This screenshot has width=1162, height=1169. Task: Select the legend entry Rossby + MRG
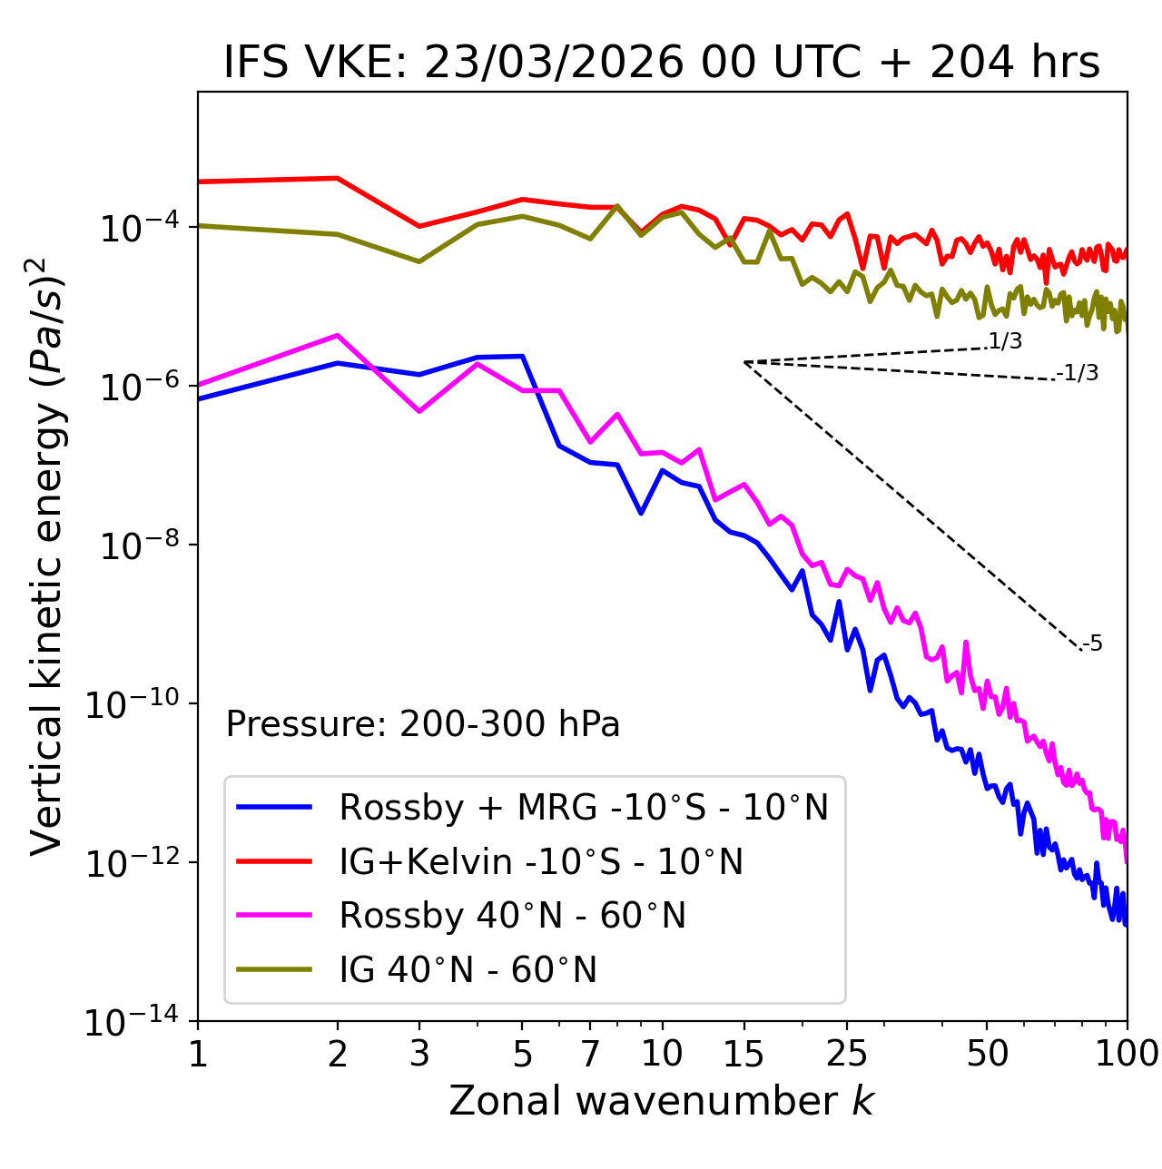(x=583, y=807)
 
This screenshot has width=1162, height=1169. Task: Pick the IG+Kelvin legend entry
(x=541, y=861)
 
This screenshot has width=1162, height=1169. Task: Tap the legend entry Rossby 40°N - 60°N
(x=512, y=916)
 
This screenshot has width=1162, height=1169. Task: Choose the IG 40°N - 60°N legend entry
(x=468, y=970)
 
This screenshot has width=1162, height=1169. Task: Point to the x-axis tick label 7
(x=590, y=1054)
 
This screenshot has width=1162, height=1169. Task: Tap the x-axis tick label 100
(x=1126, y=1054)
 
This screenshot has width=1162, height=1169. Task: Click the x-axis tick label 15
(x=743, y=1054)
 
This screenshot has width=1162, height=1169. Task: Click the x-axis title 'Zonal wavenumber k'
(x=661, y=1101)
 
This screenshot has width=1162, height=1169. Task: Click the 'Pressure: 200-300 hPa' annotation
(x=422, y=724)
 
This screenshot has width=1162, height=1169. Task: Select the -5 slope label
(x=1093, y=644)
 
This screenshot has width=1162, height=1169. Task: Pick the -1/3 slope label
(x=1078, y=373)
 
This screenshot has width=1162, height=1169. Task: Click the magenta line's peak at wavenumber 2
(x=338, y=336)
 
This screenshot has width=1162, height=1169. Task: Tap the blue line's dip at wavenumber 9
(x=641, y=513)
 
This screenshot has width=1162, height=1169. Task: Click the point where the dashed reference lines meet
(x=744, y=362)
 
